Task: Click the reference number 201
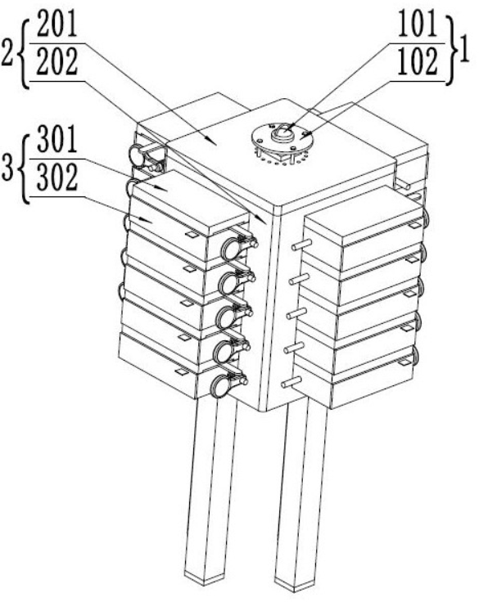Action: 57,24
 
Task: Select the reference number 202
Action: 57,61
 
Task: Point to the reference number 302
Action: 57,177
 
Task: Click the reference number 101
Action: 418,24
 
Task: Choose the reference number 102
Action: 418,61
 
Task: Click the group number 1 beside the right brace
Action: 464,50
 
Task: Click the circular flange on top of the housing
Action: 282,138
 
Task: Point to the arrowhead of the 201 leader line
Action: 211,141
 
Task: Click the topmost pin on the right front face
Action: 301,245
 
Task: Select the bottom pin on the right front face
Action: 291,383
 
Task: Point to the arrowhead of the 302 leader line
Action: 147,220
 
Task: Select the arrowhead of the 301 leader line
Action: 162,188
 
